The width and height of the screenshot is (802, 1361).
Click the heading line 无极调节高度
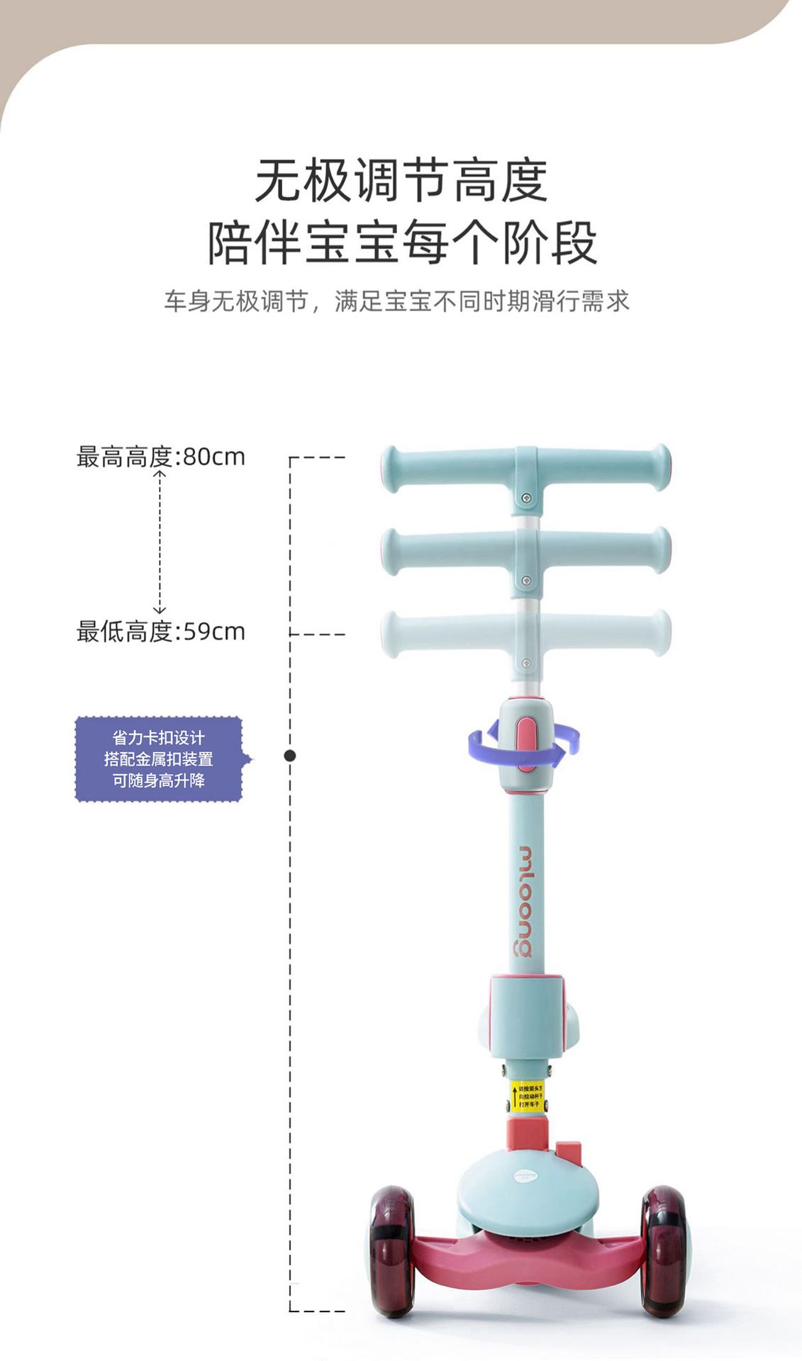click(x=401, y=181)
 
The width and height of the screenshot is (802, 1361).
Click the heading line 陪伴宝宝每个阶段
click(x=401, y=243)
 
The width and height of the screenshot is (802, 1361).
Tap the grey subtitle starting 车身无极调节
click(x=396, y=301)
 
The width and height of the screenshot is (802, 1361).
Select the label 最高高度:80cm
click(x=161, y=457)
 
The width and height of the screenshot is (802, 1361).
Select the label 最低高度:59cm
click(x=161, y=631)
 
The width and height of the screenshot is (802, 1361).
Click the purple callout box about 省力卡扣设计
click(x=159, y=759)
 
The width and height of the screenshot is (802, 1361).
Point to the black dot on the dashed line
click(x=289, y=756)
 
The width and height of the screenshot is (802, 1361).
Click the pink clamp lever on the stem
click(x=526, y=743)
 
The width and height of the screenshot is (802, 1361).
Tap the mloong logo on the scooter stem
click(x=525, y=901)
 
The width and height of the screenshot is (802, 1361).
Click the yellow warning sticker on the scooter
click(x=528, y=1096)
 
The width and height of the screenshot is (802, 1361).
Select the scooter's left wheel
click(x=391, y=1251)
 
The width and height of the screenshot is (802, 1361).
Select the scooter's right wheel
click(x=664, y=1251)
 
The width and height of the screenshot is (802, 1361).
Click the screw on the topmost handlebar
click(x=526, y=498)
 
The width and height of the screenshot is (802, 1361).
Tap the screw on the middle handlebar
click(x=526, y=581)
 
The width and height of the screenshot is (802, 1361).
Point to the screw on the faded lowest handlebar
click(x=526, y=663)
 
